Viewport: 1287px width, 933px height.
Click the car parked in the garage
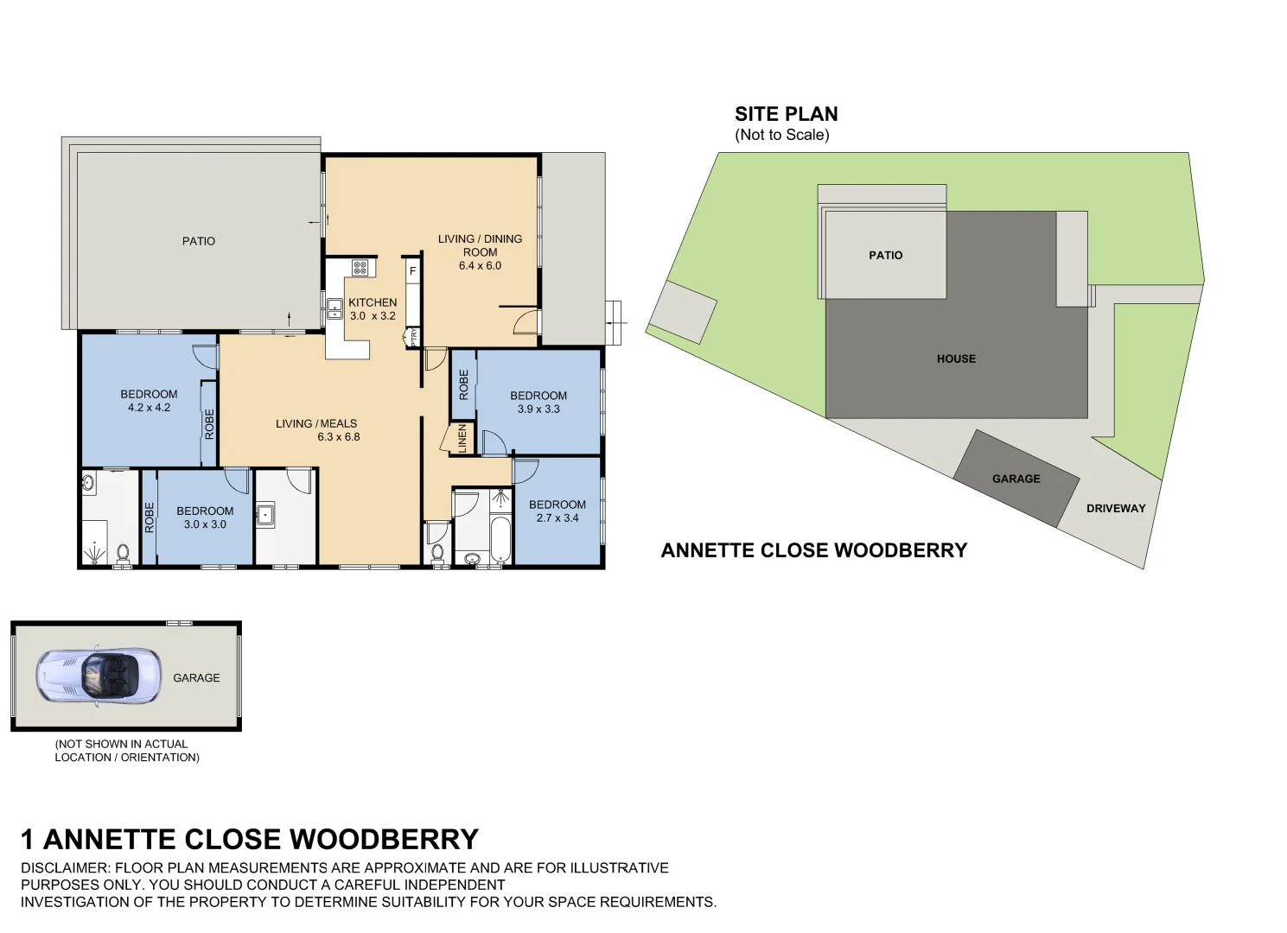click(x=99, y=676)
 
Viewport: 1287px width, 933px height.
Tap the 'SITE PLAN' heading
click(x=786, y=114)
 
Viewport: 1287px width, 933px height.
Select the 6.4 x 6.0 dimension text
click(x=480, y=265)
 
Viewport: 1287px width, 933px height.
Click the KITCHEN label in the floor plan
click(x=373, y=302)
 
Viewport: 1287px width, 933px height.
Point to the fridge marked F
click(x=413, y=271)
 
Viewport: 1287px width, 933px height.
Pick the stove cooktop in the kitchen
click(x=360, y=268)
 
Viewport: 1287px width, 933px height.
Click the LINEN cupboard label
click(x=462, y=438)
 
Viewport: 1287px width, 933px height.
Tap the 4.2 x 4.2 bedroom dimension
click(x=149, y=408)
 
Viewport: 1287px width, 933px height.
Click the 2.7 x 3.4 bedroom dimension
click(x=557, y=518)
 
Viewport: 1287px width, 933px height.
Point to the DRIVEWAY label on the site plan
click(x=1115, y=508)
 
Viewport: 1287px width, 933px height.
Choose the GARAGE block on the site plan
click(x=1016, y=479)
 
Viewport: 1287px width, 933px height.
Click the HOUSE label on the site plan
click(x=956, y=359)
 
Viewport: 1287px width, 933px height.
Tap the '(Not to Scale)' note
click(x=781, y=135)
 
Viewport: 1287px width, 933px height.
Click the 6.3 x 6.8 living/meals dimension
click(x=338, y=437)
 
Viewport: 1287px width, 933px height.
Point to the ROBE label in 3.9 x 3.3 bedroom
click(x=463, y=384)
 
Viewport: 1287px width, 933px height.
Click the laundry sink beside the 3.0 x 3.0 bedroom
click(x=264, y=515)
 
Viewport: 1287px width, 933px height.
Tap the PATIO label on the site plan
click(x=885, y=255)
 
